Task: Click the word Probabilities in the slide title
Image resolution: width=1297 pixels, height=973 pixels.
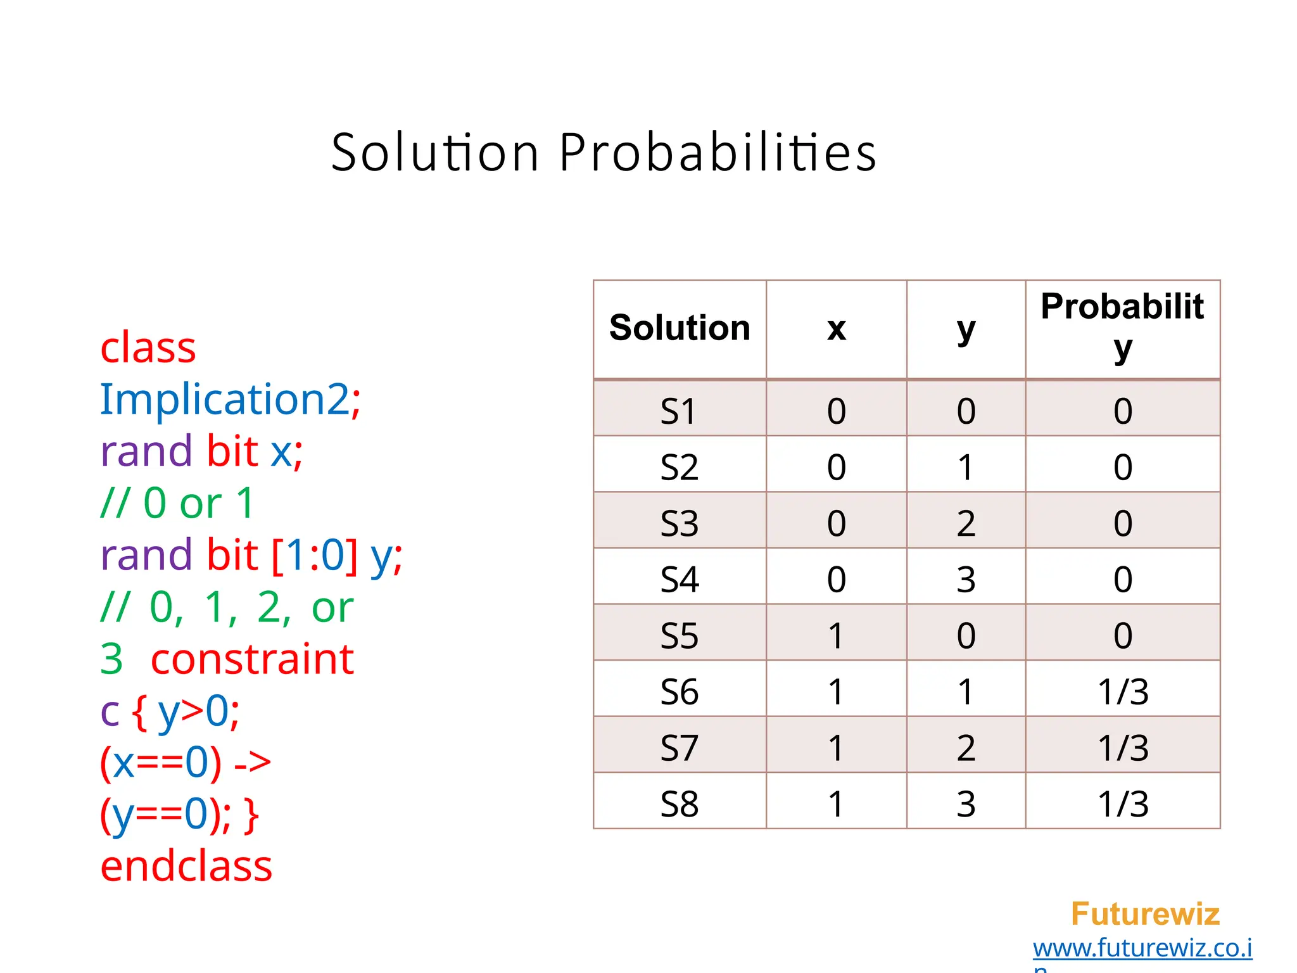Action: (718, 153)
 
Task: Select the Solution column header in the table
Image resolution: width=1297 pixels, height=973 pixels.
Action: (680, 328)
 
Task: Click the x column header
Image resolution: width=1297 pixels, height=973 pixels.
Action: (836, 328)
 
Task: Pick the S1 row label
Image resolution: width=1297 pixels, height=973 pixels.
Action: (679, 411)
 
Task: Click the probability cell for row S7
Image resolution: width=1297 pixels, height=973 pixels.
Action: (1123, 747)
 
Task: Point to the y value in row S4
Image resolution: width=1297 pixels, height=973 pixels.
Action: (966, 579)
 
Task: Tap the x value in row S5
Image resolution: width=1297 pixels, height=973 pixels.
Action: (836, 635)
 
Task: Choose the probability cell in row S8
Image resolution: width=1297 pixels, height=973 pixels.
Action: (1123, 804)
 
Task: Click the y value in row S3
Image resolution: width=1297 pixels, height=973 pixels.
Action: (966, 523)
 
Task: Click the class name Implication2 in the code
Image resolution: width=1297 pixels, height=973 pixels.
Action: (225, 400)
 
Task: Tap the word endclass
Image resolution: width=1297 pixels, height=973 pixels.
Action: (186, 866)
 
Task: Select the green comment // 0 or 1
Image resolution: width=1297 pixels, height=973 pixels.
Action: (177, 504)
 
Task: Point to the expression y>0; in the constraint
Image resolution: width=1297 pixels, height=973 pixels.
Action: (198, 711)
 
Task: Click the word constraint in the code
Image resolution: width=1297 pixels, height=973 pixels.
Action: (252, 659)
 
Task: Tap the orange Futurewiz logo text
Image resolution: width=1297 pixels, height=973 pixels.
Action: (1145, 914)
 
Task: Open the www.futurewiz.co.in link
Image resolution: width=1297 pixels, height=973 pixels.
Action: (1142, 948)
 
